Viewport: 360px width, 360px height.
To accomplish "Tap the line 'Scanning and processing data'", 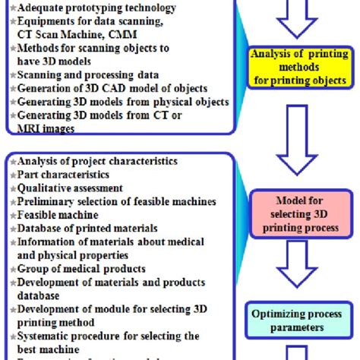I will pyautogui.click(x=88, y=75).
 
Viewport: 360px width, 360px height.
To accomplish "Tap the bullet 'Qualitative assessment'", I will pyautogui.click(x=69, y=188).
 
